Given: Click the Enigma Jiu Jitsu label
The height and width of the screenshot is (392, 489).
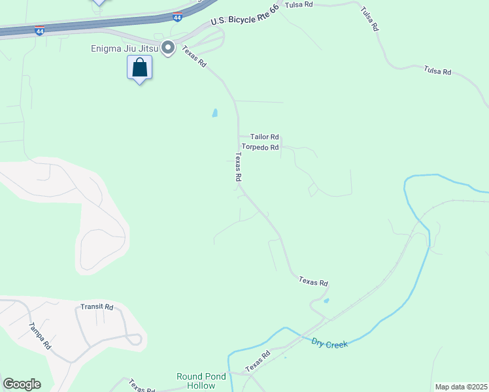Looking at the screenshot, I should click(x=125, y=48).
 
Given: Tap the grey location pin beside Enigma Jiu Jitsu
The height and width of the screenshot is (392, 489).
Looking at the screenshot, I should click(x=168, y=48).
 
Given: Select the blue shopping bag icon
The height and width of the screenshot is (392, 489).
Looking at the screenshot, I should click(x=139, y=67).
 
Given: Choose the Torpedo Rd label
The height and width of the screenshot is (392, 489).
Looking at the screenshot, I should click(x=260, y=148).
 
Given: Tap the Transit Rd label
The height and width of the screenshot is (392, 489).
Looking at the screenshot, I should click(x=97, y=306).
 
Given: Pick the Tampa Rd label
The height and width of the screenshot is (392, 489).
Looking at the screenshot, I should click(x=39, y=336).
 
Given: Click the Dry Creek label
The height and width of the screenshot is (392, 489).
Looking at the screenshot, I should click(x=329, y=343).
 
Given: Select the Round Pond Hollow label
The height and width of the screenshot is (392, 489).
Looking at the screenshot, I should click(x=196, y=381).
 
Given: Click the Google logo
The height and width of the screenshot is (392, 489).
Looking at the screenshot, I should click(x=22, y=384).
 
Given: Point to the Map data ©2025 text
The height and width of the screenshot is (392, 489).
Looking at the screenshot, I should click(x=462, y=387).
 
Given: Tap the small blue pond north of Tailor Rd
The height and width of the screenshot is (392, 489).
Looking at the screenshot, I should click(x=215, y=113).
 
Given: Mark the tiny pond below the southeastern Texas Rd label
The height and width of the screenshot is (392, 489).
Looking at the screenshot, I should click(x=326, y=301).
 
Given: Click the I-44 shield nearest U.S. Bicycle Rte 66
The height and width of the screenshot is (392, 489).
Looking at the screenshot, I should click(x=177, y=18).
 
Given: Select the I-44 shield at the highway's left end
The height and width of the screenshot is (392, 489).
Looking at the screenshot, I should click(x=40, y=31).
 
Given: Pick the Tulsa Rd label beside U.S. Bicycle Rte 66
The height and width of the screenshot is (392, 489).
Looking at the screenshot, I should click(x=299, y=5).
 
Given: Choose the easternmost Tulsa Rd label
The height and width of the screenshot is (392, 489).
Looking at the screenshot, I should click(x=437, y=71).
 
